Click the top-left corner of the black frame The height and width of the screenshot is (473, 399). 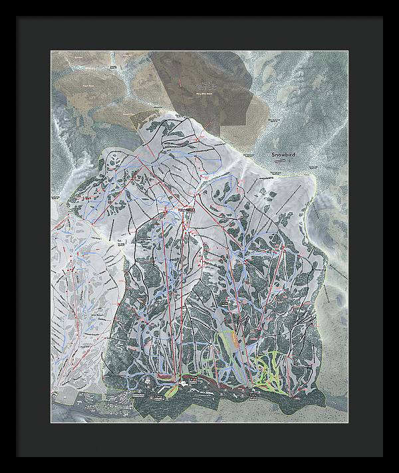tap(3, 3)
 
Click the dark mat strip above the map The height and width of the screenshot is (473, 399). tap(199, 33)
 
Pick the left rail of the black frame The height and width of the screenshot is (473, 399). tap(8, 236)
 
